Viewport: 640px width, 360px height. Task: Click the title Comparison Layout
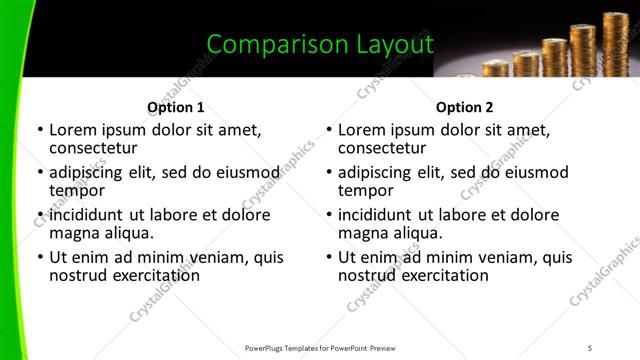tap(320, 44)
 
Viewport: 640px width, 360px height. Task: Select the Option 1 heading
tap(175, 107)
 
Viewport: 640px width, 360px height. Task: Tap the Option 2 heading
tap(464, 107)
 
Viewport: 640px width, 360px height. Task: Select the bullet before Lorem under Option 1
tap(39, 130)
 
